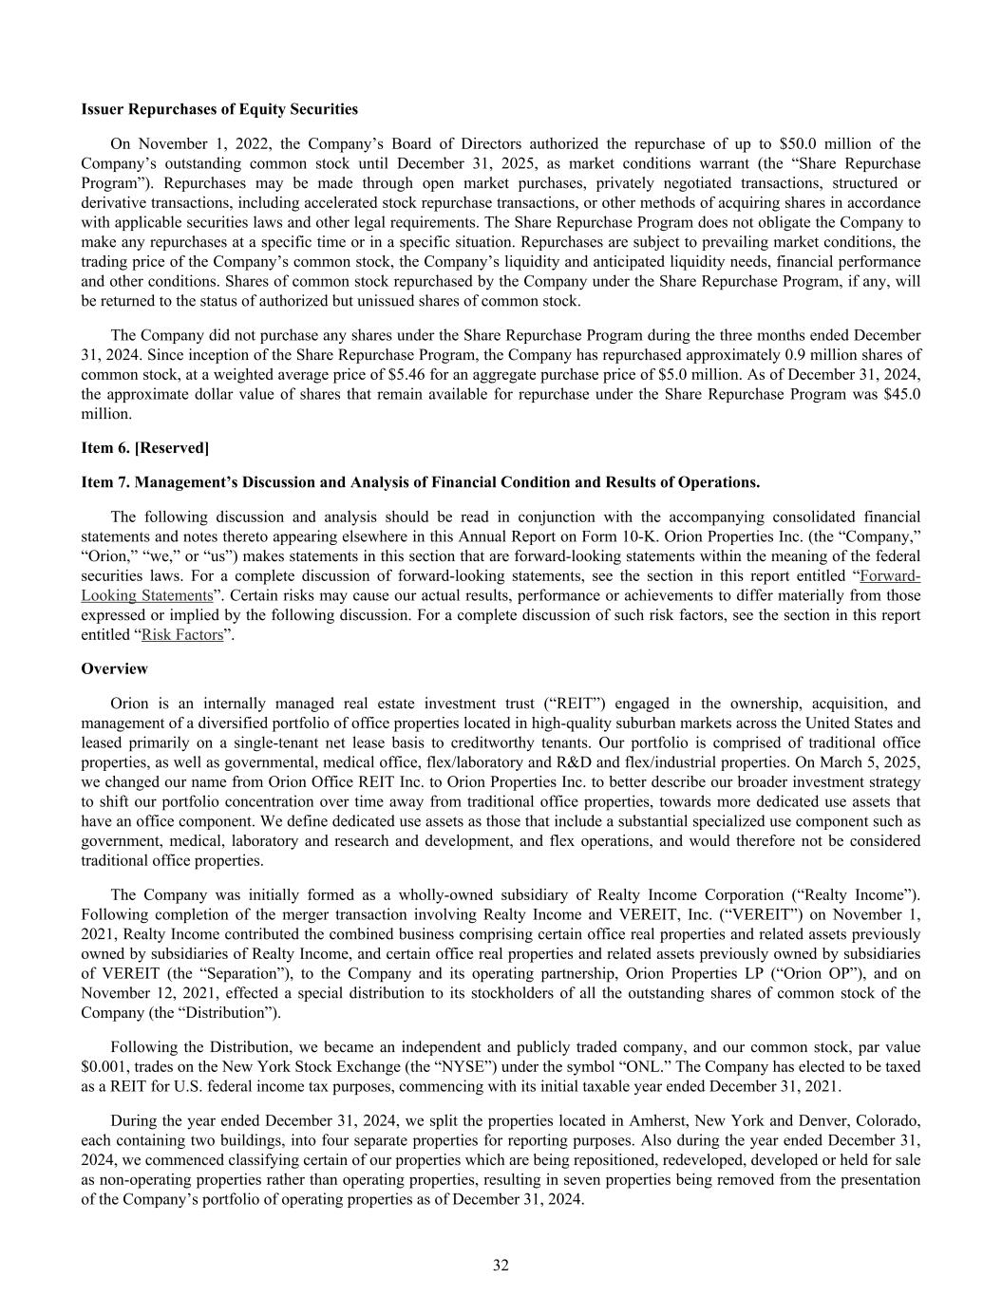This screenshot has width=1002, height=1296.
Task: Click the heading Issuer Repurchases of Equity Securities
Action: click(x=219, y=109)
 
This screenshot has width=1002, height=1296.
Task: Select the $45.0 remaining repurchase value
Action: click(x=901, y=394)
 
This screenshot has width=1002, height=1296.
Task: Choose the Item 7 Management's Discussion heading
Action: click(x=421, y=482)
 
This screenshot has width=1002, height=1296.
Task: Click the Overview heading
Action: click(x=115, y=669)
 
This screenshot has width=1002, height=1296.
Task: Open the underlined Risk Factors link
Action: click(x=182, y=634)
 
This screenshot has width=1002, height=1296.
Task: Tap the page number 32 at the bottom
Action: click(x=501, y=1265)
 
